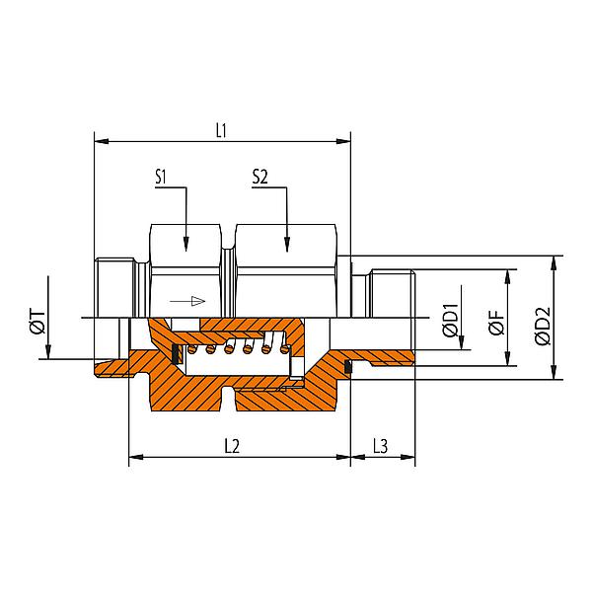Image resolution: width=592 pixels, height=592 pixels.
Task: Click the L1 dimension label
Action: (222, 130)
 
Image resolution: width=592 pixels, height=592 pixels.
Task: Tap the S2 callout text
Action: (260, 178)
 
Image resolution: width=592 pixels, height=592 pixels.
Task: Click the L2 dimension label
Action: (233, 445)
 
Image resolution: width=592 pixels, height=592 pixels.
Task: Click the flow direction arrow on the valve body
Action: (187, 300)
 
